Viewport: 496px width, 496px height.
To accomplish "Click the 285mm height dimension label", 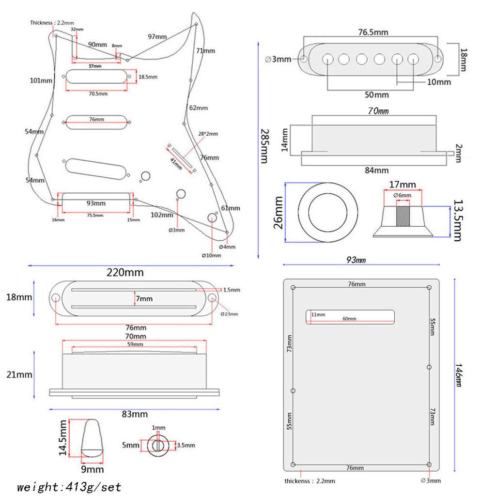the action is tap(264, 146).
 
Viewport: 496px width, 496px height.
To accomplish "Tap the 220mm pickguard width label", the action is tap(125, 272).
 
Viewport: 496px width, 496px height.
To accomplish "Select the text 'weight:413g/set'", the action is tap(69, 487).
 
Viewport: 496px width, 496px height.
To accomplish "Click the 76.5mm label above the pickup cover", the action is tap(373, 32).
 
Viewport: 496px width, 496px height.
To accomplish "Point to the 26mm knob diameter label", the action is tap(278, 213).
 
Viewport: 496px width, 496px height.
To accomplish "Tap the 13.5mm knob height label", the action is tap(458, 220).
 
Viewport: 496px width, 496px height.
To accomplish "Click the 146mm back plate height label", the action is tap(459, 375).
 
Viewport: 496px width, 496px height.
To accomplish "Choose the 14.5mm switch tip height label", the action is tap(62, 438).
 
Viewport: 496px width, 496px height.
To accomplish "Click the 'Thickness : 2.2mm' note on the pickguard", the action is tap(52, 23).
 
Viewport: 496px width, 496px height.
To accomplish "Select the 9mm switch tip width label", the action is tap(93, 469).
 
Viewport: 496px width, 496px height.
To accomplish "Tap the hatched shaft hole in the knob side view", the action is tap(403, 216).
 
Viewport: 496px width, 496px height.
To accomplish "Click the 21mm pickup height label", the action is tap(19, 374).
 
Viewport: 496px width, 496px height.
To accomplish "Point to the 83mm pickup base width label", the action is tap(135, 414).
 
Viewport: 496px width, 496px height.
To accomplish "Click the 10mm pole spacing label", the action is tap(439, 82).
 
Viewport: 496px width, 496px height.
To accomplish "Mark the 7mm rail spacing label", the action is tap(144, 298).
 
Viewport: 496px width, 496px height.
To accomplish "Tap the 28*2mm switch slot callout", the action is tap(208, 134).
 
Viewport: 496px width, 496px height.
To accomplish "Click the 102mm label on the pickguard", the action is tap(162, 215).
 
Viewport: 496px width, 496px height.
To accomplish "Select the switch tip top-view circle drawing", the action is tap(158, 445).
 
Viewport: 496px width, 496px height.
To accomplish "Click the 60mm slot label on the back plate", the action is tap(349, 319).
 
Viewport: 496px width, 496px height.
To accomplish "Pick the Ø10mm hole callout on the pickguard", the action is tap(211, 255).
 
